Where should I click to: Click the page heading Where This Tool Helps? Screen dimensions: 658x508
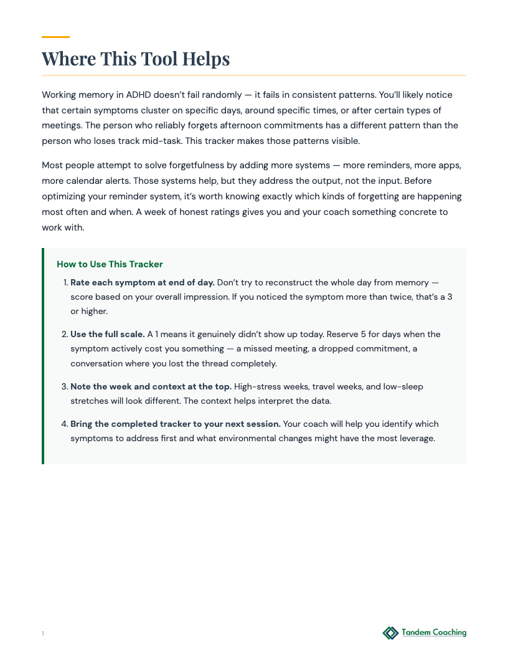point(136,59)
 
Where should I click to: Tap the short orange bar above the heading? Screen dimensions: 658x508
point(55,37)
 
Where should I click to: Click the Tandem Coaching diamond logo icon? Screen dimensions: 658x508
point(390,633)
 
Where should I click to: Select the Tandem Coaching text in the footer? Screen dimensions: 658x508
point(434,632)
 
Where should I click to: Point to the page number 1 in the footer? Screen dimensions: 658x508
point(43,634)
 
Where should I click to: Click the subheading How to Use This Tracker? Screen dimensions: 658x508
point(110,264)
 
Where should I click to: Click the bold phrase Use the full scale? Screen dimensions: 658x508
point(107,335)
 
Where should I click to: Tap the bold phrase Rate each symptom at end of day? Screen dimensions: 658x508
point(143,282)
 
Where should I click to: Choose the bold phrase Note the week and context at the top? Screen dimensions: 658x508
point(151,387)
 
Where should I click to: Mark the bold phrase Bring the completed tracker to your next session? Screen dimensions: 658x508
point(175,424)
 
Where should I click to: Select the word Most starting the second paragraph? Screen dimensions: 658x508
point(52,166)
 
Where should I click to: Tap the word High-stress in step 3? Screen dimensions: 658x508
point(255,387)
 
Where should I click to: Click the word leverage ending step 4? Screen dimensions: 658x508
point(415,439)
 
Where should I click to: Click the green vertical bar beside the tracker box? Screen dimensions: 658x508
point(43,356)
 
